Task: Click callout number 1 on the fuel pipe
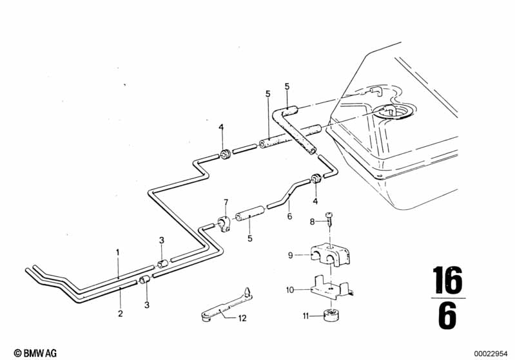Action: [118, 252]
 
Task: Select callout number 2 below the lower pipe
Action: [121, 314]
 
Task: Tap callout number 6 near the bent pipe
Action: [289, 216]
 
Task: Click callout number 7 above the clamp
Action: [226, 202]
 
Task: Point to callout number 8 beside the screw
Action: [313, 222]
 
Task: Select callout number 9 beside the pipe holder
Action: [290, 255]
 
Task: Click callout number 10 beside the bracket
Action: [290, 290]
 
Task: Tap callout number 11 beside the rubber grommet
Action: [306, 316]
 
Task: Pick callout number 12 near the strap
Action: [242, 318]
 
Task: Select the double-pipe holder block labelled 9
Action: [329, 255]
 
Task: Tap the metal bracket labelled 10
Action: [332, 288]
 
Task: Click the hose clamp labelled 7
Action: [225, 224]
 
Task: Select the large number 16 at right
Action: [448, 280]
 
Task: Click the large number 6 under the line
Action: [448, 315]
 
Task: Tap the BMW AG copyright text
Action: [35, 353]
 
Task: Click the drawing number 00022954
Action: [491, 354]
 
